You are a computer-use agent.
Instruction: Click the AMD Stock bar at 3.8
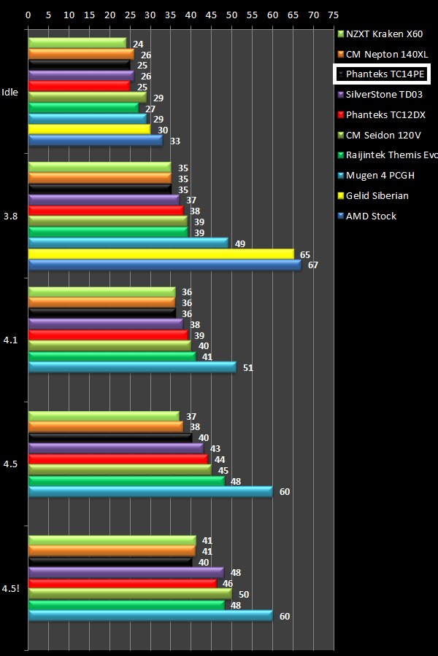click(164, 265)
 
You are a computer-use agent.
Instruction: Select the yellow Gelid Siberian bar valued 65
click(161, 254)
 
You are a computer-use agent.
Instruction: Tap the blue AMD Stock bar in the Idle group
click(95, 141)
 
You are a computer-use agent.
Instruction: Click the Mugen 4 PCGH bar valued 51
click(131, 367)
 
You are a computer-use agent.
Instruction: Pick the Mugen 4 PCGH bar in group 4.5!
click(150, 616)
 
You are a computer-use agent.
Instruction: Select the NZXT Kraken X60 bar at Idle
click(77, 43)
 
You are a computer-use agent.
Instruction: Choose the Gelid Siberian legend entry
click(377, 195)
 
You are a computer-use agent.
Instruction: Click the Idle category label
click(10, 92)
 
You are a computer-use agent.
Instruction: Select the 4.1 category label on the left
click(10, 340)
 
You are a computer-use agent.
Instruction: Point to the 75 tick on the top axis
click(334, 14)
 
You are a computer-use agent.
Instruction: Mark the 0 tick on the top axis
click(28, 14)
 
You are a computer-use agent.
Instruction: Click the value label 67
click(312, 265)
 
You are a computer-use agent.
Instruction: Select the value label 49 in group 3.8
click(239, 243)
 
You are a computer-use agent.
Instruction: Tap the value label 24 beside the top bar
click(137, 44)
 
